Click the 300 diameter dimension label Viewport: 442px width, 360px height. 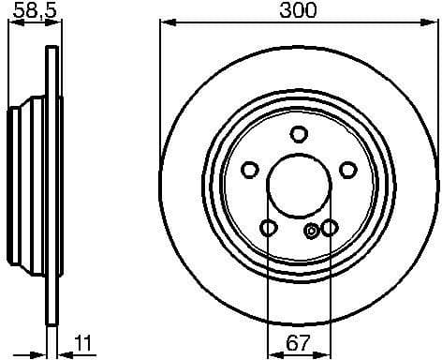[298, 10]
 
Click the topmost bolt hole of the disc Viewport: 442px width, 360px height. [299, 133]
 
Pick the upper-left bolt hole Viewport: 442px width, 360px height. [249, 170]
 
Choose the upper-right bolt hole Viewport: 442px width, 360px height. [348, 170]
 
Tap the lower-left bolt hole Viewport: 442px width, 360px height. [268, 228]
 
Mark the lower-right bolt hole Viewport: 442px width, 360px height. [330, 228]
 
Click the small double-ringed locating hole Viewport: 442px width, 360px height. [313, 231]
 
